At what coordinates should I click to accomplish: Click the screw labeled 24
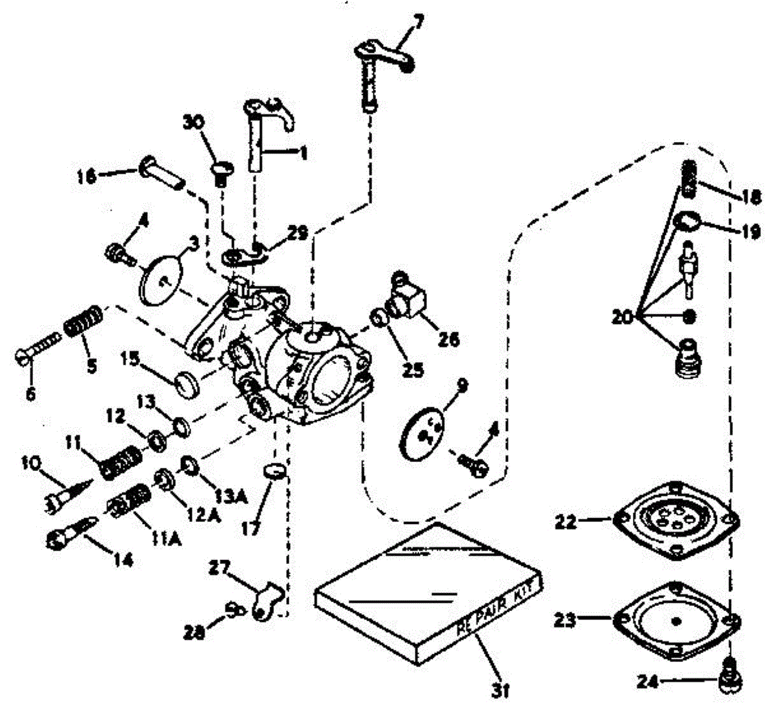(x=730, y=679)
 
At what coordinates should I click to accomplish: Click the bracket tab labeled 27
(x=265, y=599)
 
